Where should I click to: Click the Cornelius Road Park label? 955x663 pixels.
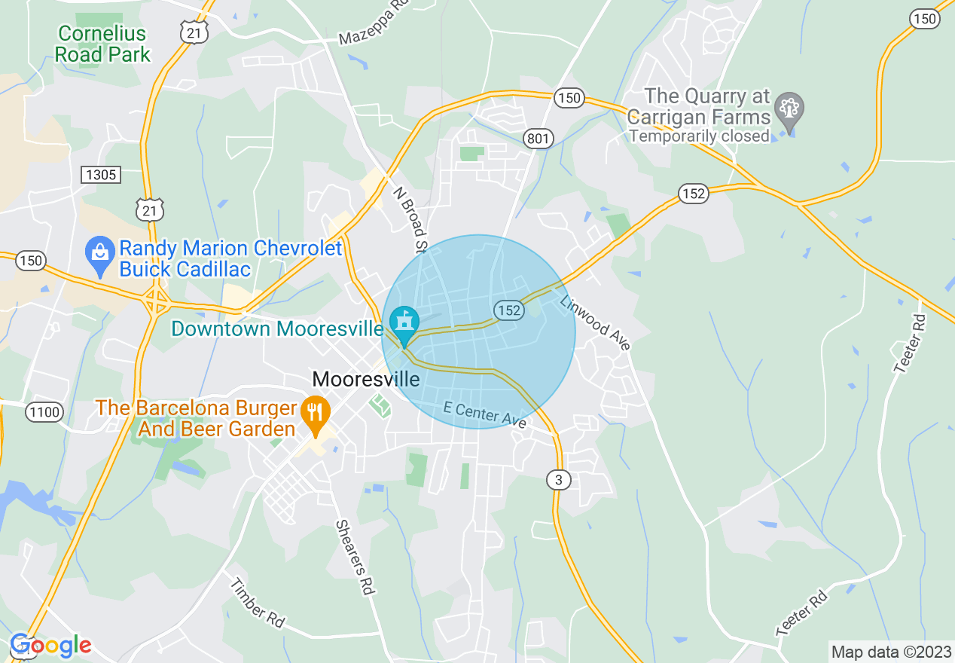[x=102, y=44]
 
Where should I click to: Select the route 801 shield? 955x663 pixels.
[x=539, y=138]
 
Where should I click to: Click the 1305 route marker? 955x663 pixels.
[x=101, y=175]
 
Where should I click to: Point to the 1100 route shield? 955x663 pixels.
[x=44, y=411]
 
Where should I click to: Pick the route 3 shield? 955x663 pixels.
[x=558, y=479]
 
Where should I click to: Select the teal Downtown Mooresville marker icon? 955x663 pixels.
[x=404, y=323]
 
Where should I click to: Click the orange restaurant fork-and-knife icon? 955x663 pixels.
[x=316, y=414]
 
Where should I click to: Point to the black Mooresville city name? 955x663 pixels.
[x=365, y=379]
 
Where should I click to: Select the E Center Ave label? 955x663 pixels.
[x=484, y=415]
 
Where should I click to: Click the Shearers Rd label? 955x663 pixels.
[x=355, y=558]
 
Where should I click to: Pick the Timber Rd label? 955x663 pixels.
[x=257, y=603]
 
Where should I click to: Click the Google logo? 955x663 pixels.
[x=50, y=646]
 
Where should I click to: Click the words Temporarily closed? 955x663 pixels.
[x=699, y=136]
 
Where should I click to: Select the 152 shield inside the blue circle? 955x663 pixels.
[x=509, y=310]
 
